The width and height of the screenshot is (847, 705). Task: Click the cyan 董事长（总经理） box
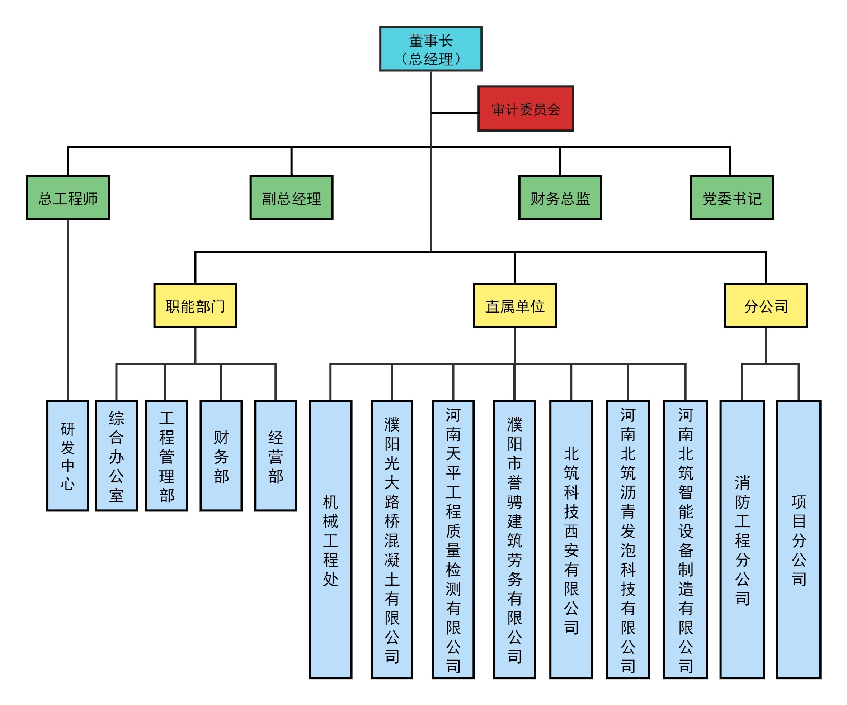[x=430, y=49]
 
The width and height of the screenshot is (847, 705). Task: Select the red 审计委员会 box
[x=526, y=108]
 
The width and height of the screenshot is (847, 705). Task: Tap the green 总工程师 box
[x=68, y=198]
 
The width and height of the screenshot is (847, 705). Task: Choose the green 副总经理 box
[x=291, y=198]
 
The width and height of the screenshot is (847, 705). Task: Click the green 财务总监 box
[x=560, y=198]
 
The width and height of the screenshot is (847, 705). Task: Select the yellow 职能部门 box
[x=195, y=306]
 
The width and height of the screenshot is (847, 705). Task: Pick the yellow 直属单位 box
[x=515, y=306]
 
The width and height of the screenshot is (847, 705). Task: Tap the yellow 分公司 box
[x=766, y=306]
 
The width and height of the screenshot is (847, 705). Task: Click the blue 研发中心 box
[x=68, y=456]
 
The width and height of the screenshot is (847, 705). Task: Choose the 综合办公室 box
[x=116, y=456]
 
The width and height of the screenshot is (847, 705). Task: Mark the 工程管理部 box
[x=166, y=456]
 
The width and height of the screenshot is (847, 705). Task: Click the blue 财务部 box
[x=221, y=456]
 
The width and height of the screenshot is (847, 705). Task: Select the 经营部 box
[x=276, y=456]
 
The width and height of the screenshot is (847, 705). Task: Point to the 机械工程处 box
[x=330, y=540]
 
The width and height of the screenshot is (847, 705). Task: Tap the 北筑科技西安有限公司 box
[x=571, y=540]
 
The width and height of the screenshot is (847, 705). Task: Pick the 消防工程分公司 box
[x=742, y=540]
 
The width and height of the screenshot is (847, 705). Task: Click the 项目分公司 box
[x=799, y=540]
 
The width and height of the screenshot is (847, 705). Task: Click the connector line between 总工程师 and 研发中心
[x=68, y=310]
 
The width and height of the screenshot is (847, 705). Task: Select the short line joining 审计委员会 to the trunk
[x=455, y=113]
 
